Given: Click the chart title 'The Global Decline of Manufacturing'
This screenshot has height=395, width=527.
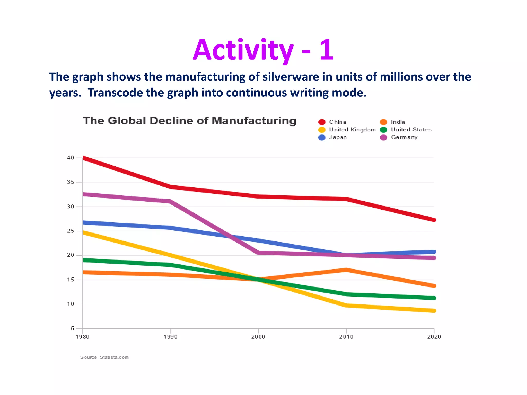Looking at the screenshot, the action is pyautogui.click(x=190, y=121).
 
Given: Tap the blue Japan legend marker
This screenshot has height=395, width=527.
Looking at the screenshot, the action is pyautogui.click(x=322, y=137).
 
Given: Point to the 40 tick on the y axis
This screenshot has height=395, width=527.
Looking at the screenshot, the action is pyautogui.click(x=71, y=158).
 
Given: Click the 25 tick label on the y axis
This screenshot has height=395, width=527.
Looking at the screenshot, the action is pyautogui.click(x=71, y=231).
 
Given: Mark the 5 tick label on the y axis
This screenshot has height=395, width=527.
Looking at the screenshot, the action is pyautogui.click(x=72, y=328).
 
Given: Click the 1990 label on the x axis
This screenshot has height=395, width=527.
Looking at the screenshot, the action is pyautogui.click(x=170, y=337).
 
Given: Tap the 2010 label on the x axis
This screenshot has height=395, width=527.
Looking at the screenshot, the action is pyautogui.click(x=346, y=337).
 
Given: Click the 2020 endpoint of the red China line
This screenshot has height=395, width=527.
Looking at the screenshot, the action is pyautogui.click(x=434, y=220).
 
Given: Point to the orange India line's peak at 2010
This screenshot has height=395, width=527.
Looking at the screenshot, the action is pyautogui.click(x=346, y=270).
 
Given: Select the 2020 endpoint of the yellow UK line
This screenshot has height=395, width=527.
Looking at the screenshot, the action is pyautogui.click(x=434, y=311).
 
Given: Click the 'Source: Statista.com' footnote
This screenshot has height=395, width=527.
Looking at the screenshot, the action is pyautogui.click(x=104, y=357).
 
